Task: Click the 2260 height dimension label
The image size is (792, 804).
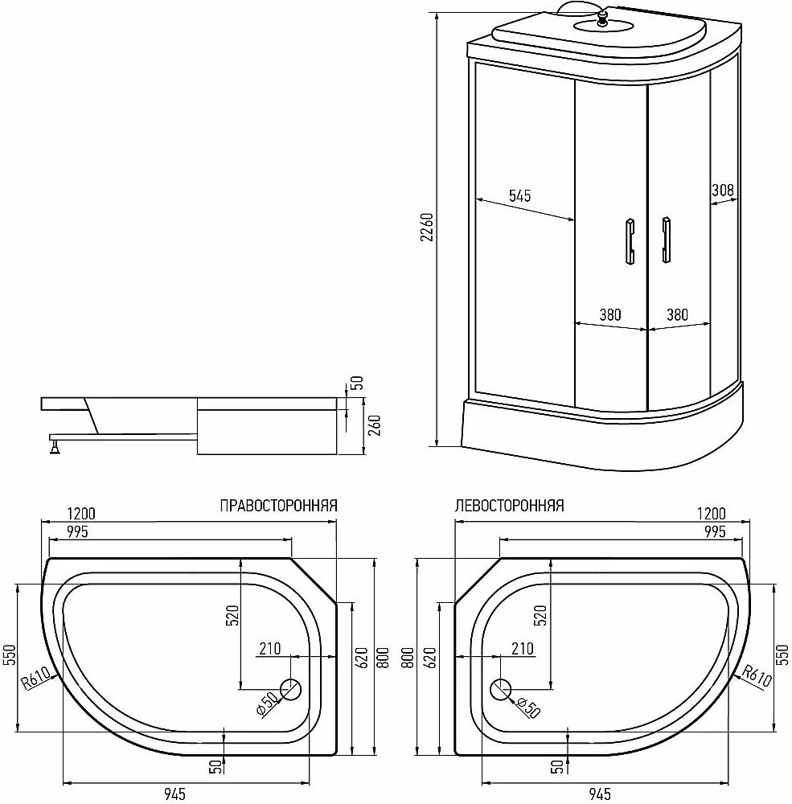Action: [427, 228]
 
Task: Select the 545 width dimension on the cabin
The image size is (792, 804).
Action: [519, 196]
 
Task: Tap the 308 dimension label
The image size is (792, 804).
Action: [723, 190]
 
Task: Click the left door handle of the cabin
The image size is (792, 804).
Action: [630, 241]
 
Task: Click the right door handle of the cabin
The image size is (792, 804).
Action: [666, 240]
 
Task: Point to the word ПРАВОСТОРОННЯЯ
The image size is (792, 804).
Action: [278, 506]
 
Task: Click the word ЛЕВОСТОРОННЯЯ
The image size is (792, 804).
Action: [509, 506]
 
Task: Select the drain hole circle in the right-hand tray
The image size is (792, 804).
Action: [290, 689]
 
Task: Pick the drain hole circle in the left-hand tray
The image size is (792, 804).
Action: [501, 689]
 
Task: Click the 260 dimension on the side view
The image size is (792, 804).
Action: [375, 426]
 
